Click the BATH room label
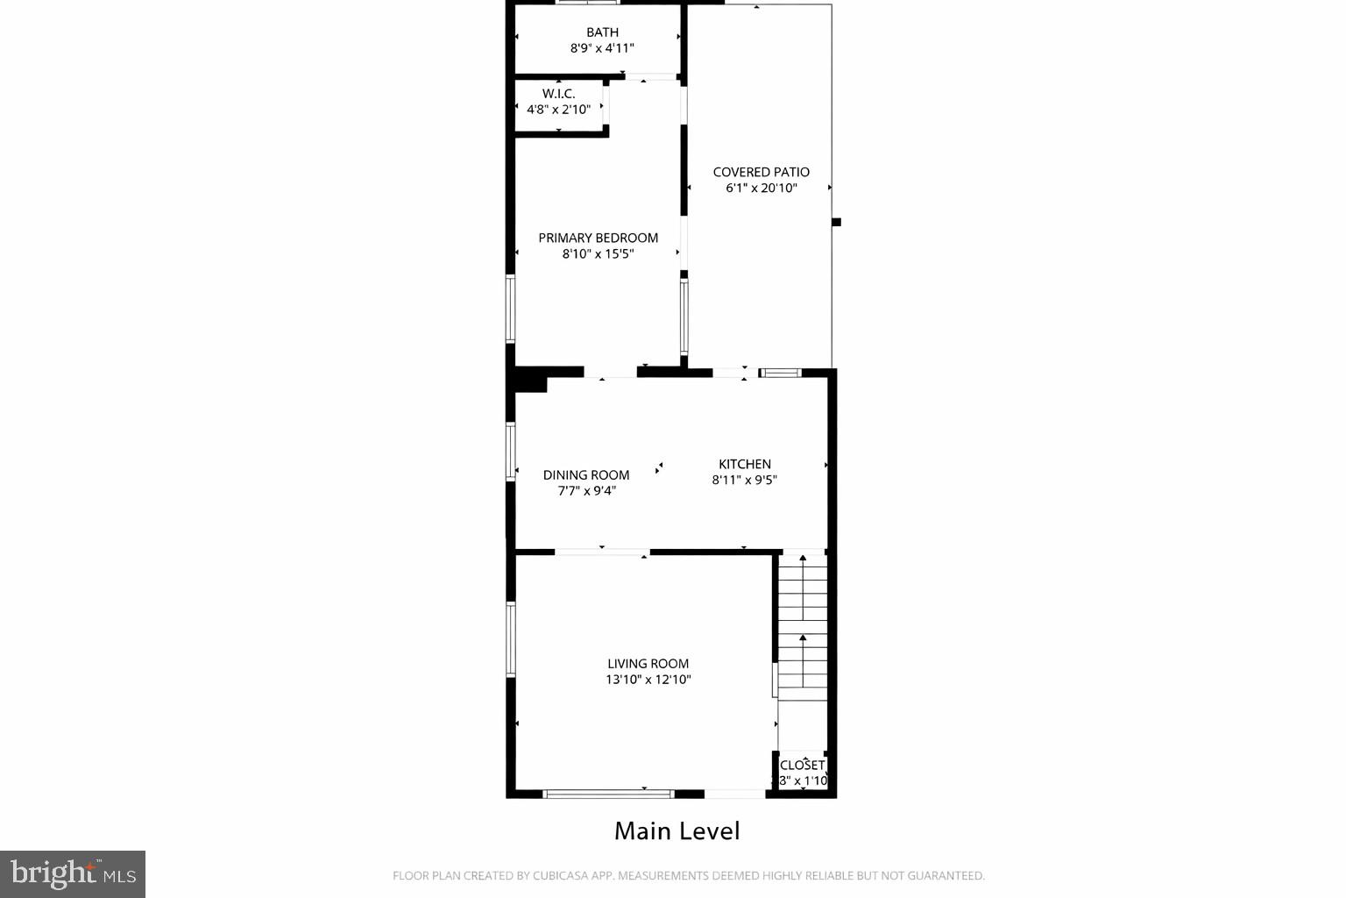(602, 32)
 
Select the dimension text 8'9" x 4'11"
(602, 48)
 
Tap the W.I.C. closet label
(558, 94)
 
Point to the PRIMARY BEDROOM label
(598, 238)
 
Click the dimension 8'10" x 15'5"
(598, 254)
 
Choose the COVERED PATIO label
(761, 172)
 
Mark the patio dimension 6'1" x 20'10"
(761, 188)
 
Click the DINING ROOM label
(586, 475)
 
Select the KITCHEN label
(745, 464)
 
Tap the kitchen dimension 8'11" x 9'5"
(745, 480)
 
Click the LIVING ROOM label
(648, 664)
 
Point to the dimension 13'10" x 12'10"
(648, 680)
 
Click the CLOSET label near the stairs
(802, 765)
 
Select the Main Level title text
(677, 831)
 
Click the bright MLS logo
(73, 873)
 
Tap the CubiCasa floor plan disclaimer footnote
(688, 875)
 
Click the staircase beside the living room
(803, 627)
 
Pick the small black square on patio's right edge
(836, 222)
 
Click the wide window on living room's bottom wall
(608, 794)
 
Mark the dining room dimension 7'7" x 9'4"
(586, 491)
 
